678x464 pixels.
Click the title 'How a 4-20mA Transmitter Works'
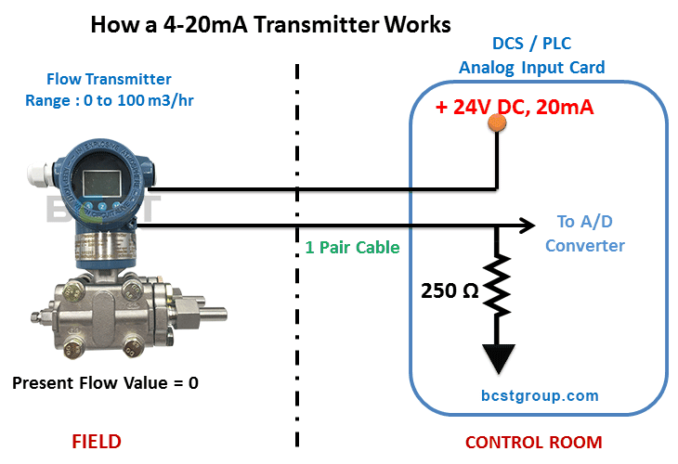point(270,24)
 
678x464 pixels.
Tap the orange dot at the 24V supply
point(496,122)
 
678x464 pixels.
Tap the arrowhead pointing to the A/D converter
point(528,225)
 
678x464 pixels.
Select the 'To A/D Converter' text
point(585,234)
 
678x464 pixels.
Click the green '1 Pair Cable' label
point(352,248)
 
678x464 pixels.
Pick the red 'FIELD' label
point(97,441)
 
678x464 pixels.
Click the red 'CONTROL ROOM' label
point(533,442)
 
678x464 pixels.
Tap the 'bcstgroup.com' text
point(540,395)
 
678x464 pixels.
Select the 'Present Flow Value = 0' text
point(105,382)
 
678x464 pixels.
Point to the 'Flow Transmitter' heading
point(109,79)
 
